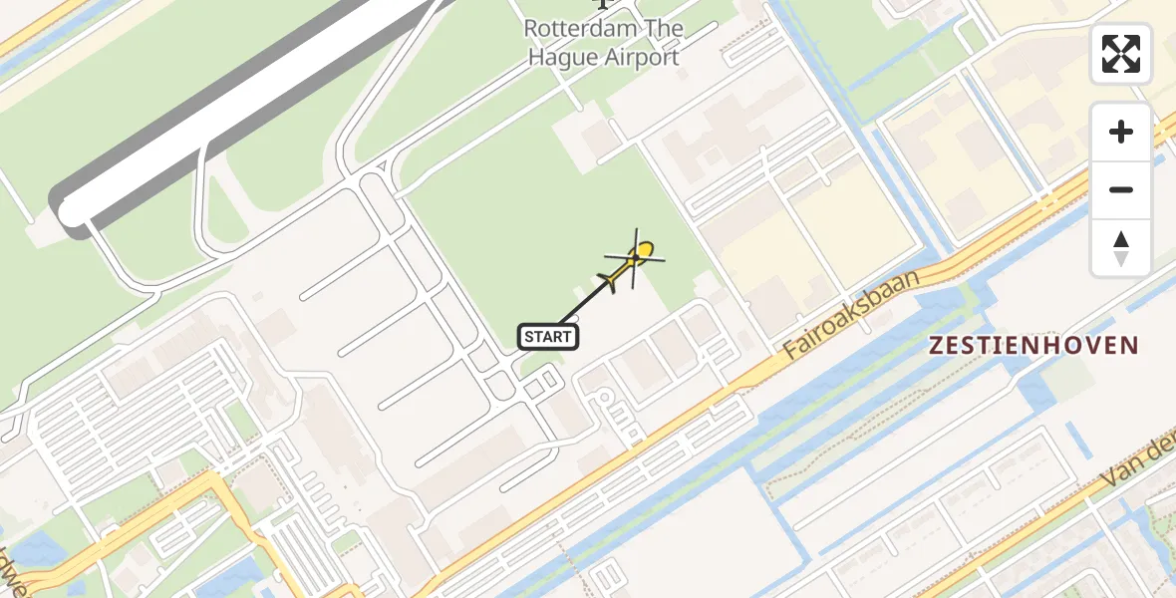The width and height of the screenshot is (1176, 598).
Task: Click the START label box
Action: pyautogui.click(x=548, y=337)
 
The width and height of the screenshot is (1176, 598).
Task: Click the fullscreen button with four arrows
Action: pyautogui.click(x=1121, y=54)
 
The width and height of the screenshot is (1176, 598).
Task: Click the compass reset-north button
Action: pyautogui.click(x=1121, y=248)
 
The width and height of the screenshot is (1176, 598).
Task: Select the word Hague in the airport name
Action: pyautogui.click(x=563, y=57)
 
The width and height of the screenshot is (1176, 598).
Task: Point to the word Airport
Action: pyautogui.click(x=642, y=57)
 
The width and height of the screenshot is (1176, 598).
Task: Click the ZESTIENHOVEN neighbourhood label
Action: pyautogui.click(x=1032, y=346)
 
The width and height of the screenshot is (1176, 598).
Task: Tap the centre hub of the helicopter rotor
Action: pyautogui.click(x=635, y=258)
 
